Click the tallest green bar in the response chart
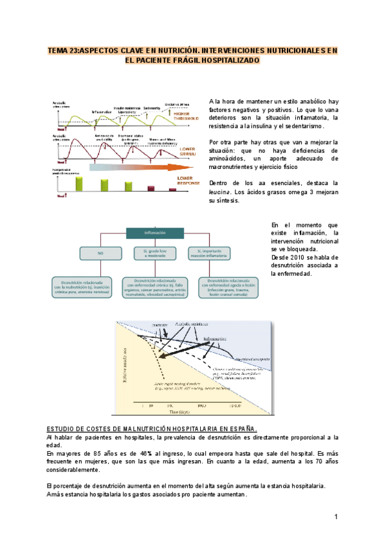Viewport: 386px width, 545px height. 79,183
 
